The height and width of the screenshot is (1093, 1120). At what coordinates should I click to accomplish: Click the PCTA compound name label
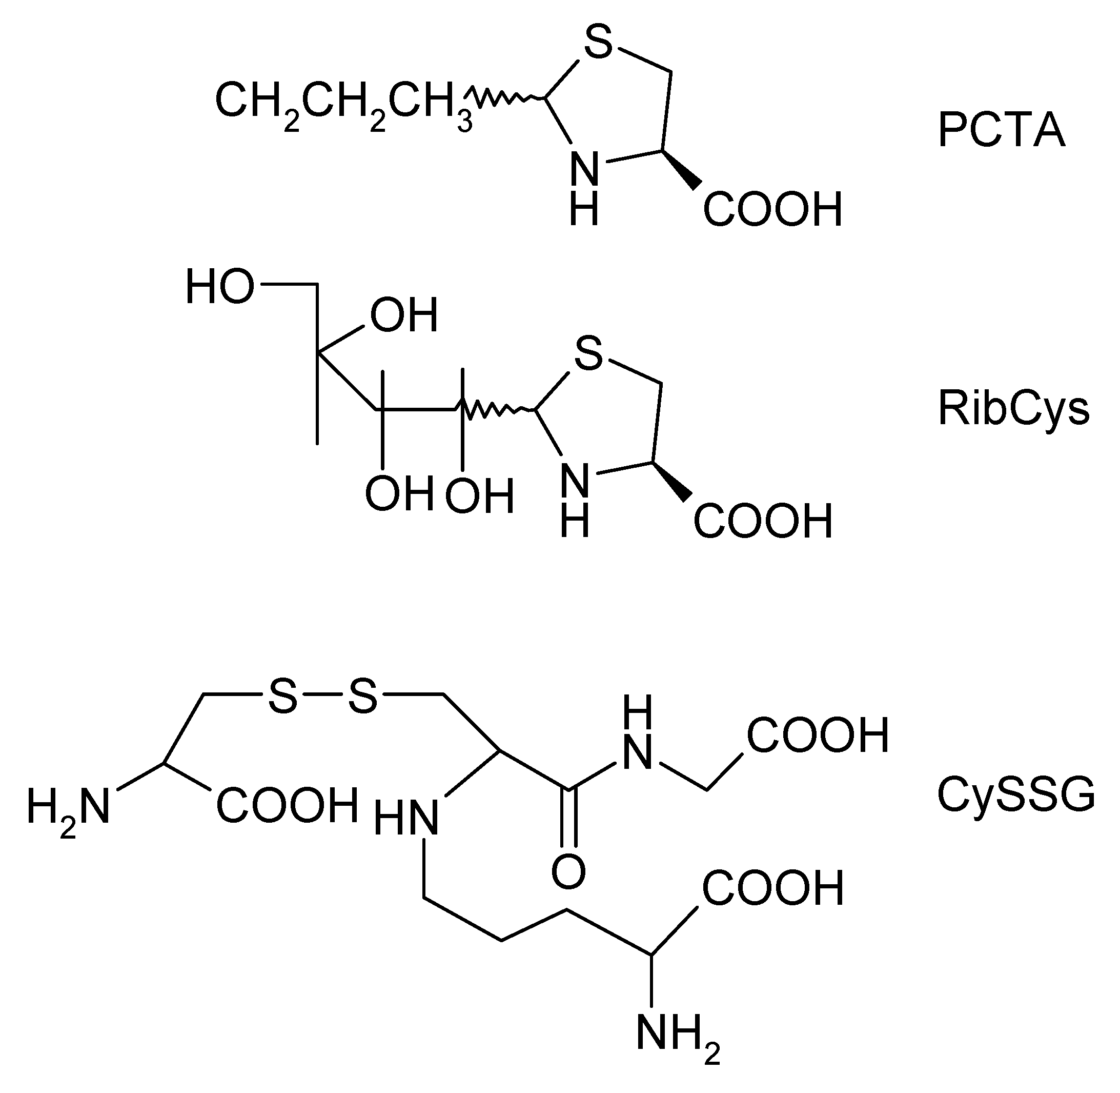(x=1001, y=131)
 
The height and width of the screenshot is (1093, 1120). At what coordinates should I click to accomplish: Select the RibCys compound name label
(x=1013, y=409)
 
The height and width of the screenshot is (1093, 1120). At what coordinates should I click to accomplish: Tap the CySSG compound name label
(x=1015, y=795)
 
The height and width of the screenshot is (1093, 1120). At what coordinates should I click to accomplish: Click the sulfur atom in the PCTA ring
(x=598, y=42)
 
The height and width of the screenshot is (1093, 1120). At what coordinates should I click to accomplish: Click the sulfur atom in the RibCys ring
(x=588, y=354)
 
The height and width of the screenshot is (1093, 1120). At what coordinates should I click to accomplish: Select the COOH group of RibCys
(x=763, y=521)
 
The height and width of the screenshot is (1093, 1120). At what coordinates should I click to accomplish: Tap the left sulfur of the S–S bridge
(x=283, y=697)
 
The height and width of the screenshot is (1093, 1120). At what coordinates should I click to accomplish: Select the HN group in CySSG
(x=406, y=819)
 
